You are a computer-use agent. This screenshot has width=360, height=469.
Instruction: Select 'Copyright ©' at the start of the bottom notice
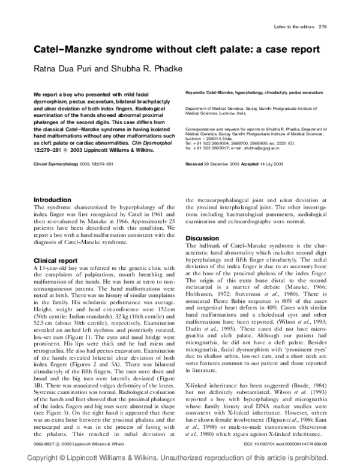point(31,458)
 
